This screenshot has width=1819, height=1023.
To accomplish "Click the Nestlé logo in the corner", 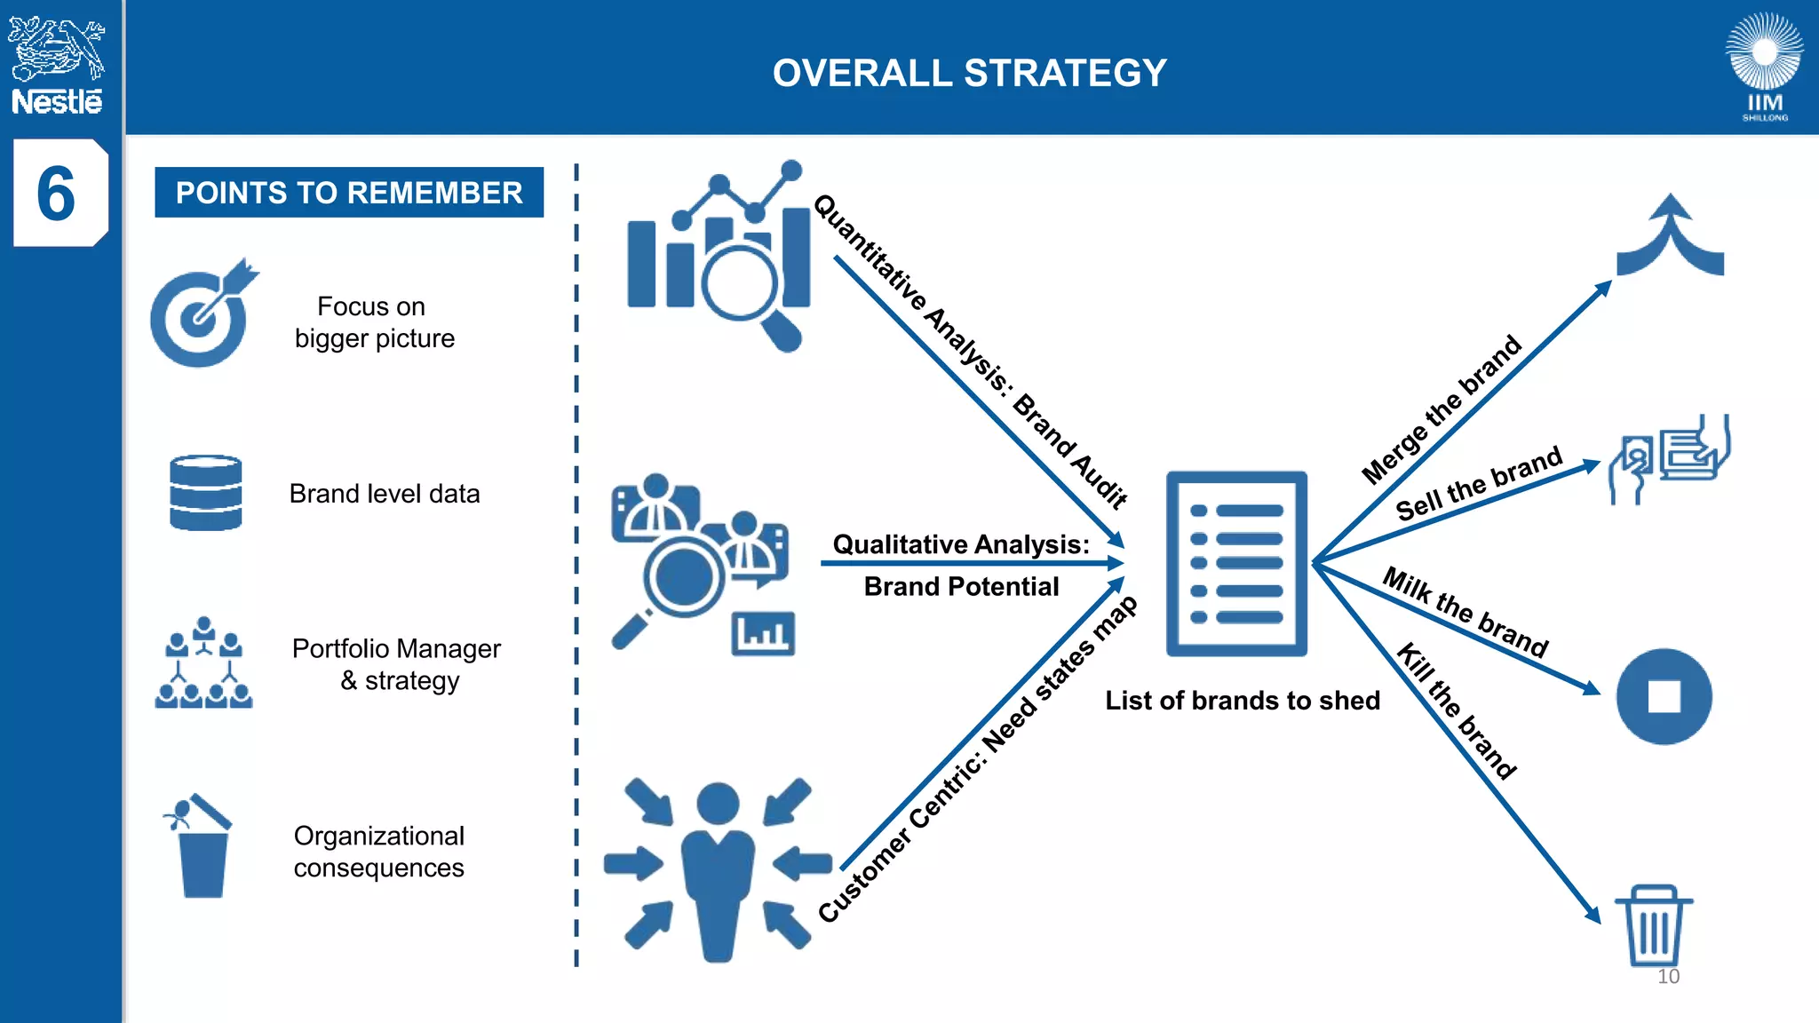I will (x=57, y=67).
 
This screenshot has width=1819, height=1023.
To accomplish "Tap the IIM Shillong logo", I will (x=1764, y=67).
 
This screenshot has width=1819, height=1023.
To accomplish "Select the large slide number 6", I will (x=56, y=194).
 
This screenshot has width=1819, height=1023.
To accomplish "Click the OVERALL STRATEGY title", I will (x=969, y=73).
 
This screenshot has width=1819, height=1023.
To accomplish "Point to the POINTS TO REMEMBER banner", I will (x=349, y=193).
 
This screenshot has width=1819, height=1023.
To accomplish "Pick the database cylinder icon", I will (x=205, y=493).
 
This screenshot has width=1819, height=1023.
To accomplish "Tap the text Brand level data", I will (x=385, y=494).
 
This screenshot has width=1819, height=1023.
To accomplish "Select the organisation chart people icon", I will (x=204, y=662).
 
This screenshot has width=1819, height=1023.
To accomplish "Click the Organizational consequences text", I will (x=379, y=852).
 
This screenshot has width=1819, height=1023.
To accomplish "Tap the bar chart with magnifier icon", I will (x=719, y=256).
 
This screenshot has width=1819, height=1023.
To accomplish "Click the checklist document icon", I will (x=1236, y=564).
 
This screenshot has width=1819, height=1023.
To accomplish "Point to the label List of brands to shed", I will (x=1243, y=701).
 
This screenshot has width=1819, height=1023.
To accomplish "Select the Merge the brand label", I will (x=1442, y=410).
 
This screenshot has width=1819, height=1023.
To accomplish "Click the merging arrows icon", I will (x=1671, y=235).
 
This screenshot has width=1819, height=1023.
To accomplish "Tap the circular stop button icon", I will (x=1664, y=696).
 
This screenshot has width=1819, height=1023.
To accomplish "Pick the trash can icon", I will (x=1653, y=924).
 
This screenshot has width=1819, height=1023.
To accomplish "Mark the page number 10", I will (x=1668, y=977).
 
